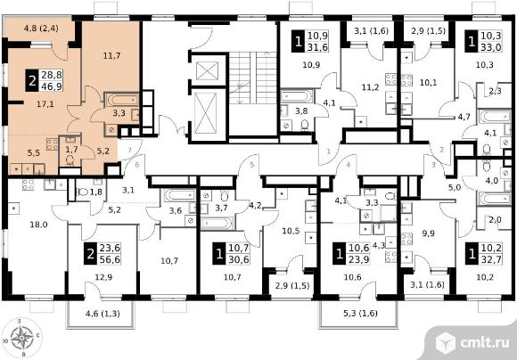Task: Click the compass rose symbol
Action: (x=22, y=337)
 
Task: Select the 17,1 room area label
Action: (x=45, y=104)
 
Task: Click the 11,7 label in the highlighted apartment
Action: (x=111, y=56)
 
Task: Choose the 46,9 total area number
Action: (x=52, y=86)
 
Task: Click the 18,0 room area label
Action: (x=38, y=225)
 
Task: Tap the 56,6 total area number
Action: (x=110, y=259)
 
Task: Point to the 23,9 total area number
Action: (x=359, y=259)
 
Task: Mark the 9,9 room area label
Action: (x=428, y=233)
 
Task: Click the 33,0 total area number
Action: (x=492, y=47)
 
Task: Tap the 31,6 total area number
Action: (x=317, y=47)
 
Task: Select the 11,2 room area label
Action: (x=370, y=87)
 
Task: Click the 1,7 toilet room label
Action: (x=71, y=150)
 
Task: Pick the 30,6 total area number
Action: (x=239, y=259)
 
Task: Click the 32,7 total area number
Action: (x=492, y=259)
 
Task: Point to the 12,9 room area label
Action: (x=103, y=277)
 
